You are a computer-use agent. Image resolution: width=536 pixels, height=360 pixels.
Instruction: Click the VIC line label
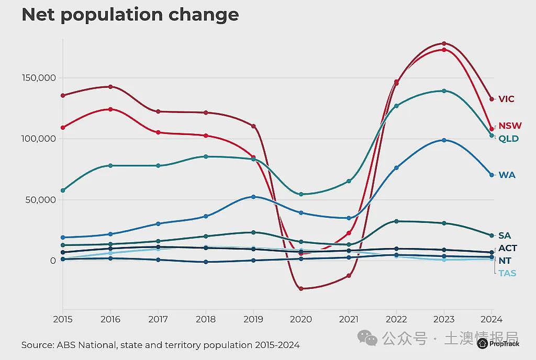506,99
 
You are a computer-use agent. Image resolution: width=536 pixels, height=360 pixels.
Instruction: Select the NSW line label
510,126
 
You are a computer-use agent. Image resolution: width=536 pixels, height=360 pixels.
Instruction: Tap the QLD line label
509,139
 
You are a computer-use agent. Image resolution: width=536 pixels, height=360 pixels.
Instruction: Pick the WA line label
507,175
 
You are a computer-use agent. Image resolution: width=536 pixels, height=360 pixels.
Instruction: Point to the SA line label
505,235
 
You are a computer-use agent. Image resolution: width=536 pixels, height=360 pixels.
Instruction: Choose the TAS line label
507,273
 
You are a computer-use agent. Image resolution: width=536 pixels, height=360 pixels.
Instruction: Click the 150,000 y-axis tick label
39,78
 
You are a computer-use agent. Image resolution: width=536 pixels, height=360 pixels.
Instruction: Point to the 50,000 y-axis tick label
40,200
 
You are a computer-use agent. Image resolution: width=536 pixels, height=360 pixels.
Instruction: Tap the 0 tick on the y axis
53,261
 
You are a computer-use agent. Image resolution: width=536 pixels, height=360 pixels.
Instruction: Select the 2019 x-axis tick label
253,319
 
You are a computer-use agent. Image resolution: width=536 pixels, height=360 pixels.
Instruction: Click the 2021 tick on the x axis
349,319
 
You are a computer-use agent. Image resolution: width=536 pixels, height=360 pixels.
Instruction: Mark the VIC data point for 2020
301,289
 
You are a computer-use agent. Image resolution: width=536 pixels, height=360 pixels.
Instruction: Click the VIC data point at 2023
444,43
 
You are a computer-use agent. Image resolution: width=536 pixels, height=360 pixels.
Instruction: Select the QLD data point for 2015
63,190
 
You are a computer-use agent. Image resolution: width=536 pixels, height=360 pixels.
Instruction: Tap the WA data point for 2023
444,140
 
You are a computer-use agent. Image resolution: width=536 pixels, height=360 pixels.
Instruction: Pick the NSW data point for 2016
110,109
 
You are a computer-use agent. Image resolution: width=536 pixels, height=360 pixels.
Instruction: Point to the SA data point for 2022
397,221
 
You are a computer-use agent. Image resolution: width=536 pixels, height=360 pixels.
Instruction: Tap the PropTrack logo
498,344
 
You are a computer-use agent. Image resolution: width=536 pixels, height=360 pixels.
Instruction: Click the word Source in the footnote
37,345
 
